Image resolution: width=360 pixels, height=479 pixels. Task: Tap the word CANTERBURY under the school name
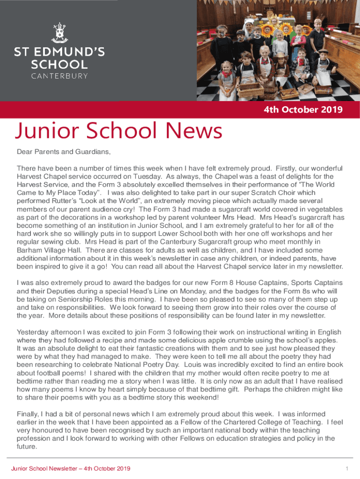[x=59, y=76]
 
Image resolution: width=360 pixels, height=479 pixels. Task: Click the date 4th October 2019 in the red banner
[x=303, y=110]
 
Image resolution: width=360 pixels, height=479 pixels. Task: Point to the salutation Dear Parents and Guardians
[x=64, y=152]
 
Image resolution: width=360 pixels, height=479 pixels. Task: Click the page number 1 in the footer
[x=347, y=469]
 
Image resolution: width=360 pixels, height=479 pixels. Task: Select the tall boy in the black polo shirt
[x=317, y=35]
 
